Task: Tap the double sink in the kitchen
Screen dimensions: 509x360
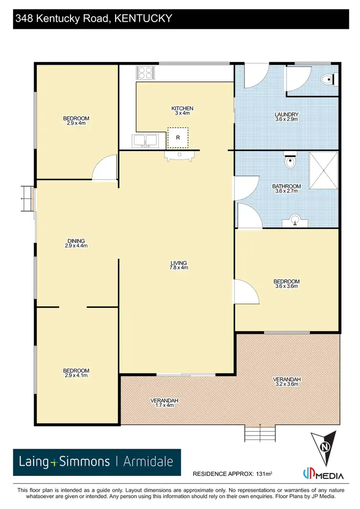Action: (145, 141)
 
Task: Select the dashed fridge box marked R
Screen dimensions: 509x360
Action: (178, 137)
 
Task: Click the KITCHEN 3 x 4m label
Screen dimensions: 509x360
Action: (182, 111)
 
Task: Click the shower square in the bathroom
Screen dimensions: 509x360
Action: (324, 170)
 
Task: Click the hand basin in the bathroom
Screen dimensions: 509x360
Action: (296, 221)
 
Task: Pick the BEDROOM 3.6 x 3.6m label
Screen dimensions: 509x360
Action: (287, 284)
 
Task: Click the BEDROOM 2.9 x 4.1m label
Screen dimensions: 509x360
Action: (76, 373)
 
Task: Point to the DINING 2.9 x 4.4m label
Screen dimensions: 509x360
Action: (76, 243)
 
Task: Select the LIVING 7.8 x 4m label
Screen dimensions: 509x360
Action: (179, 265)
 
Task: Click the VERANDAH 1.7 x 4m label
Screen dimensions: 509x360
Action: (165, 403)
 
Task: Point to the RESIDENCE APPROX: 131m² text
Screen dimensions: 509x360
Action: (232, 474)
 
